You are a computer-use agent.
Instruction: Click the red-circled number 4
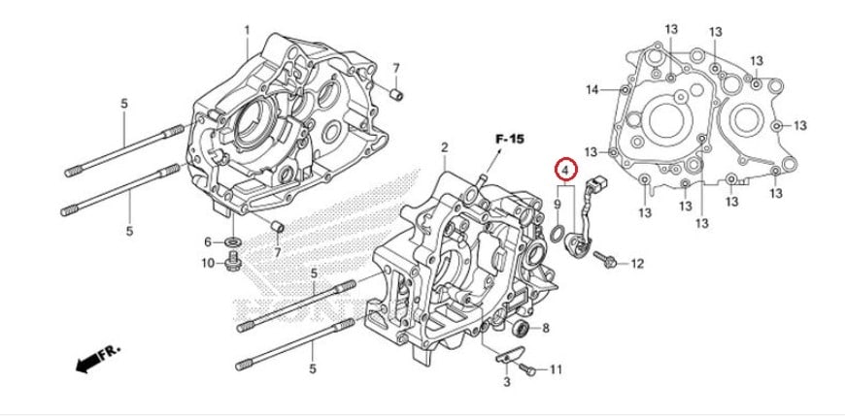566,170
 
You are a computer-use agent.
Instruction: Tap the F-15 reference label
509,140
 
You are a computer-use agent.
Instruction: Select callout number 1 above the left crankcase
248,31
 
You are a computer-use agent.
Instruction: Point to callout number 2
445,147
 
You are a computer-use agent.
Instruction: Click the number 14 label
592,90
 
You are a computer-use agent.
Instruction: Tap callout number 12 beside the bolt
637,264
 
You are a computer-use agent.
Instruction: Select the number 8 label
546,328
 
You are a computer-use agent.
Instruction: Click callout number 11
556,369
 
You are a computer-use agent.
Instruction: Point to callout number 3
507,382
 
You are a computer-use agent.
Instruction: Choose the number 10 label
208,263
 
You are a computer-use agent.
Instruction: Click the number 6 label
208,242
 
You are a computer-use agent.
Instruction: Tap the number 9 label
558,205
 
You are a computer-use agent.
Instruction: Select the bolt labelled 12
605,260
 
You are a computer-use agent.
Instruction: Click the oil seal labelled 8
521,328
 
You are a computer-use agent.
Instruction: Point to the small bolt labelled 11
527,369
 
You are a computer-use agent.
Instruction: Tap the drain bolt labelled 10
233,263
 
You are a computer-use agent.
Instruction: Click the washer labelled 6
233,241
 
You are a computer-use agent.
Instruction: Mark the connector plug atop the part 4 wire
597,184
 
